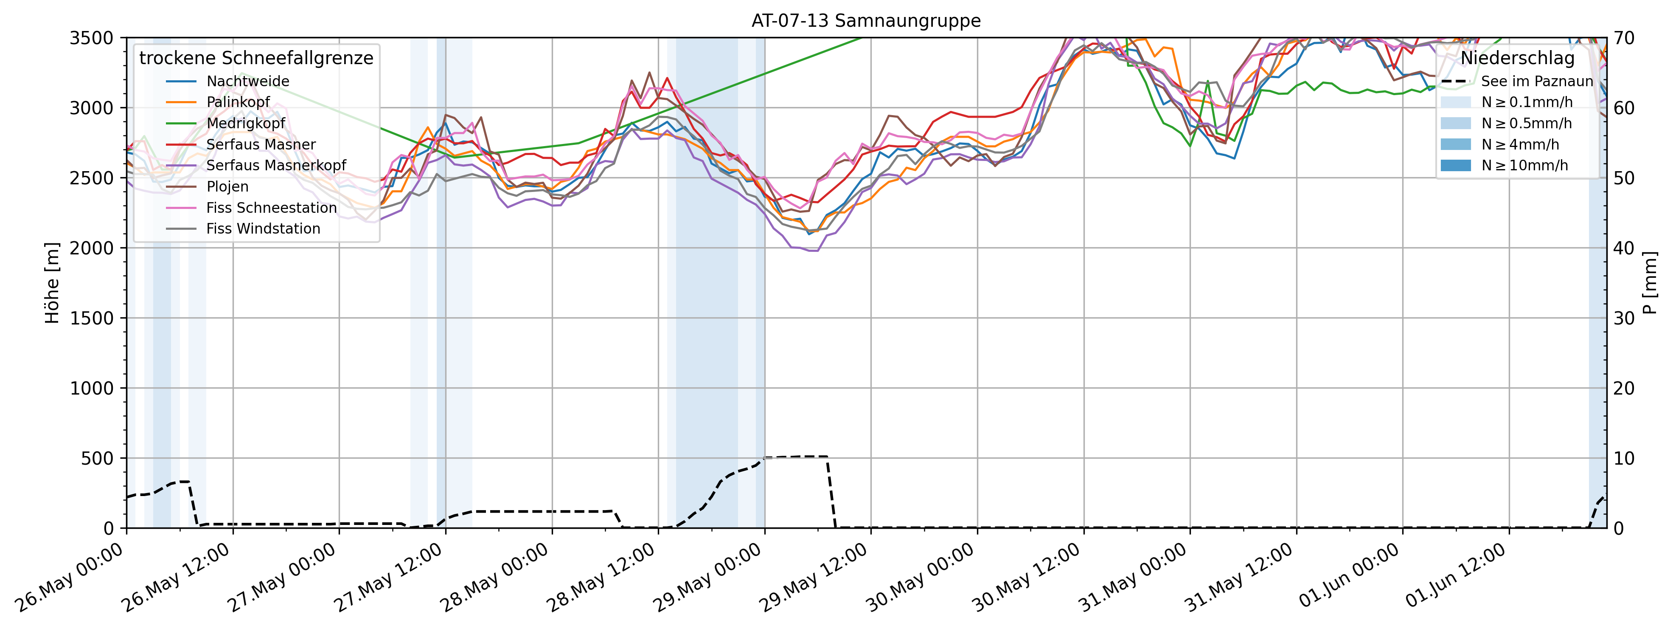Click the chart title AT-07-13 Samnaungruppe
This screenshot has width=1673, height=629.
(866, 21)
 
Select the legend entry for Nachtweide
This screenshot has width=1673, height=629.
(247, 81)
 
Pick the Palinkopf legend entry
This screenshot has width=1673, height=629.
(238, 102)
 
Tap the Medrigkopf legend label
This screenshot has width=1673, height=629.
(245, 124)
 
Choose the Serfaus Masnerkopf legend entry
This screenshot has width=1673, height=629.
(276, 166)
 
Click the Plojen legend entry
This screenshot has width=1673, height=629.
(227, 186)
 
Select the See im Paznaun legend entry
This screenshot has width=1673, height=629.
(1537, 81)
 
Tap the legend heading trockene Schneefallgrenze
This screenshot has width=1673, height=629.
(256, 59)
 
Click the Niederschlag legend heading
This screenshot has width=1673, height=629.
(1517, 59)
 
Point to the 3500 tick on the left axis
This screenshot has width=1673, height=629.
(92, 38)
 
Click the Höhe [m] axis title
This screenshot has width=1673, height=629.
(52, 283)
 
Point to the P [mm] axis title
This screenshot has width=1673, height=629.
(1650, 283)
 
